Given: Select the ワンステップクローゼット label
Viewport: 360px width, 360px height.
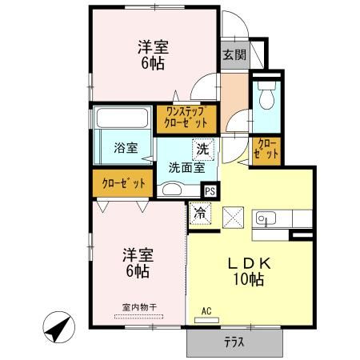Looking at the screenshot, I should (186, 118).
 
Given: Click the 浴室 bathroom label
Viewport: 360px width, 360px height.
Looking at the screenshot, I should (126, 148).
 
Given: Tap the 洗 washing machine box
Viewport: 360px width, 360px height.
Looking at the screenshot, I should (203, 149).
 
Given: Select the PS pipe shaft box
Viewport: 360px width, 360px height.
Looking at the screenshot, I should (210, 190).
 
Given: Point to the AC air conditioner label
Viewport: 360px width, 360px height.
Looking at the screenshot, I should (206, 310).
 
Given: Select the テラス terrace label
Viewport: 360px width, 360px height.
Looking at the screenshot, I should (234, 342).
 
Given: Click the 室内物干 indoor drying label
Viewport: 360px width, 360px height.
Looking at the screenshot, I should (138, 306).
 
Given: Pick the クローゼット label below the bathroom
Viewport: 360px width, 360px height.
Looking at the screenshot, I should (123, 183).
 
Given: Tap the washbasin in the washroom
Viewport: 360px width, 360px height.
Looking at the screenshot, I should (170, 190).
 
